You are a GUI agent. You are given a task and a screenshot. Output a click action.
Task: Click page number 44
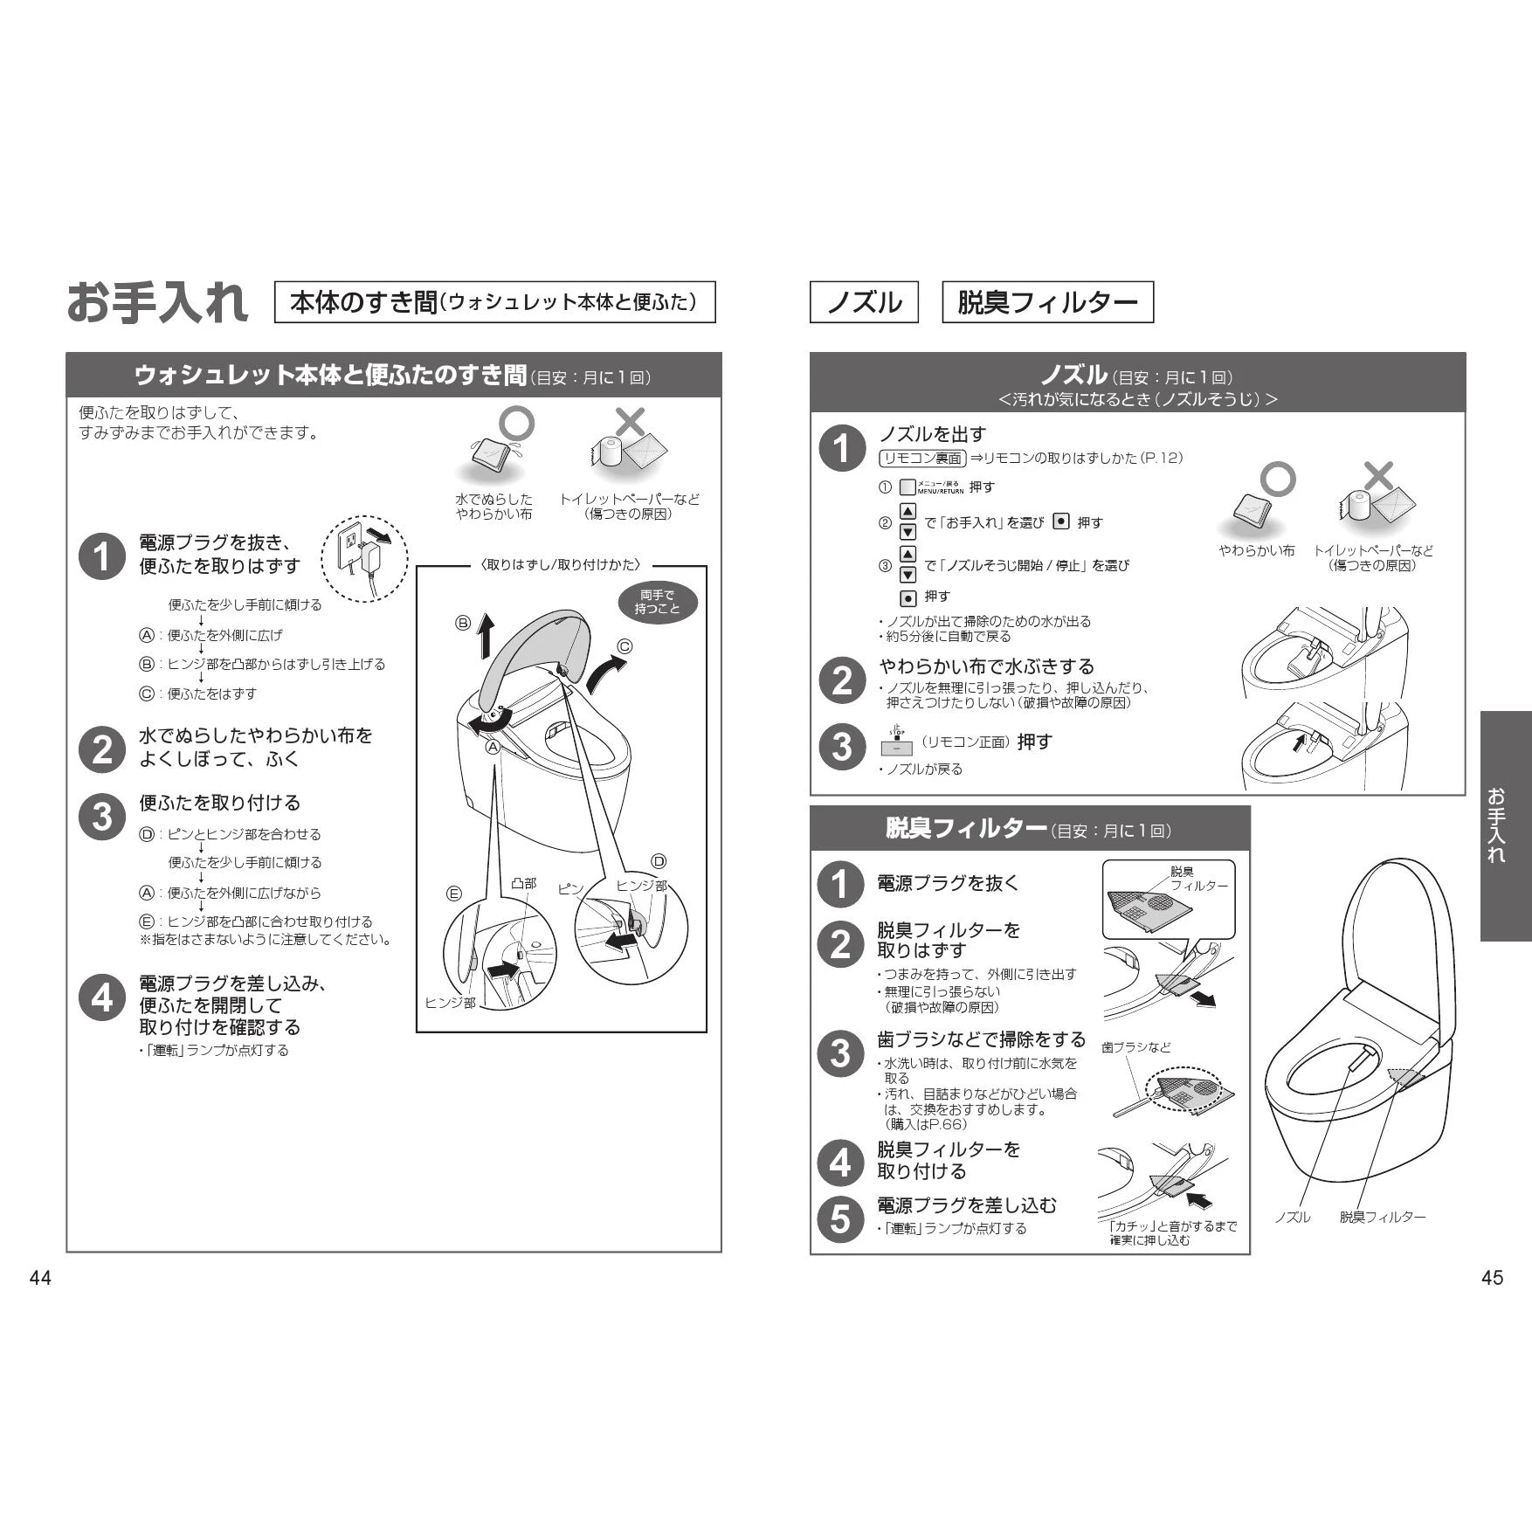pos(40,1278)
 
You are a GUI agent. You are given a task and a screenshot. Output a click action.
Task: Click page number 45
pos(1493,1278)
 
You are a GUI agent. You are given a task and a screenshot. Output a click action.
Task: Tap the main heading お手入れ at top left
pos(157,302)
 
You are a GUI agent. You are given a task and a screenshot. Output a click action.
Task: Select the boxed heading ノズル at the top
pos(864,302)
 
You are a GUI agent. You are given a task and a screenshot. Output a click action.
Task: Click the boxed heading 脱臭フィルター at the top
pos(1047,302)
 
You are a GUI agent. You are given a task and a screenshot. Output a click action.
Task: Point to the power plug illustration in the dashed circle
pos(364,559)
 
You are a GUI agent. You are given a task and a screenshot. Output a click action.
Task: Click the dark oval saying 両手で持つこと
pos(658,602)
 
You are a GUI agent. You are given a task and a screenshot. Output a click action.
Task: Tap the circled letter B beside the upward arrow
pos(463,623)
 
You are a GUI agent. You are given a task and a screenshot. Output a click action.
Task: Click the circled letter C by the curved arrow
pos(625,647)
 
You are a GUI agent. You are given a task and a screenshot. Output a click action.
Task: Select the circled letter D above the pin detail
pos(659,862)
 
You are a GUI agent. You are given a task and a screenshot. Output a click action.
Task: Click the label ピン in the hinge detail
pos(570,888)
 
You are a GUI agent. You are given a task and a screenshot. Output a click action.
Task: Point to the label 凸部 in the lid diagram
pos(524,883)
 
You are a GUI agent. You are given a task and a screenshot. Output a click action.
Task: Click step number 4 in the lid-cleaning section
pos(102,997)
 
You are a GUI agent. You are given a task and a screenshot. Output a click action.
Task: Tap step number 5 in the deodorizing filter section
pos(840,1218)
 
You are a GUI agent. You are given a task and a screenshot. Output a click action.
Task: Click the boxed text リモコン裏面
pos(922,459)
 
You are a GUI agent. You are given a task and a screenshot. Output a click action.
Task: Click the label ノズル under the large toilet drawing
pos(1292,1217)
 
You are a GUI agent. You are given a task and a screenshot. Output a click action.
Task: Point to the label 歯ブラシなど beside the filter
pos(1136,1047)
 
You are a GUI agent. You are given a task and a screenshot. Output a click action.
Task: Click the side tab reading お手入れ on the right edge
pos(1506,826)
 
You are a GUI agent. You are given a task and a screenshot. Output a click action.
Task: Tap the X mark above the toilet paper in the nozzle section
pos(1378,477)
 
